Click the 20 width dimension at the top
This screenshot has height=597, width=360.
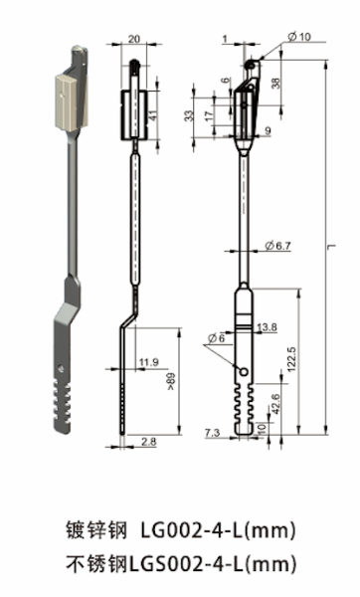coord(135,41)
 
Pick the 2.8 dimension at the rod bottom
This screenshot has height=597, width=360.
coord(148,440)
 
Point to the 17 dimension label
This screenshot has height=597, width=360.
coord(207,116)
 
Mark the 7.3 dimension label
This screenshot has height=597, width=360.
coord(211,433)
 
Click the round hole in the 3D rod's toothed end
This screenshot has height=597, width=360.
coord(66,368)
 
